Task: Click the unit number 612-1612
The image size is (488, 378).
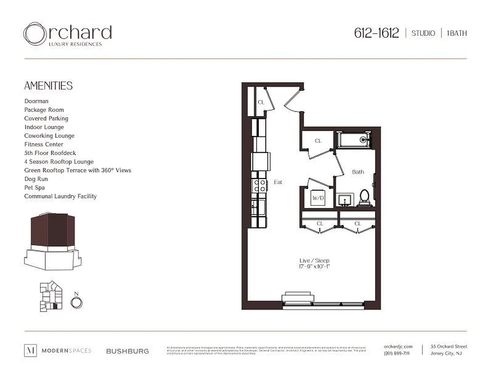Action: click(376, 33)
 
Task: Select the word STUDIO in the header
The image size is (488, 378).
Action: click(423, 34)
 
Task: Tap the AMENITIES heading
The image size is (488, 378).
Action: click(49, 86)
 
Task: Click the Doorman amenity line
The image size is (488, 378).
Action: click(36, 101)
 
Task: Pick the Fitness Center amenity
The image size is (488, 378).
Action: click(44, 145)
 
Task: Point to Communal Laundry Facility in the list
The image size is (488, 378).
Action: click(60, 197)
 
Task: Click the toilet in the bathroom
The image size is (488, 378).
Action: click(364, 198)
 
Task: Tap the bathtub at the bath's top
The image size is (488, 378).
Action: click(354, 139)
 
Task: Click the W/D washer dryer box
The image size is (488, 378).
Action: click(318, 198)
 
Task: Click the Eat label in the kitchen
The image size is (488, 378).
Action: click(278, 182)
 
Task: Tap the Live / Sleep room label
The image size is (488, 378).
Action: click(314, 261)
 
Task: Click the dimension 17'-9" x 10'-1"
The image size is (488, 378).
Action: click(314, 267)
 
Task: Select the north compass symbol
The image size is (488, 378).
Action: click(76, 301)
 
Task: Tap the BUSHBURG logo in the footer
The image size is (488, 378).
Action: click(127, 351)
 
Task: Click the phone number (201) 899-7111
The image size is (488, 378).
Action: click(397, 354)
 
